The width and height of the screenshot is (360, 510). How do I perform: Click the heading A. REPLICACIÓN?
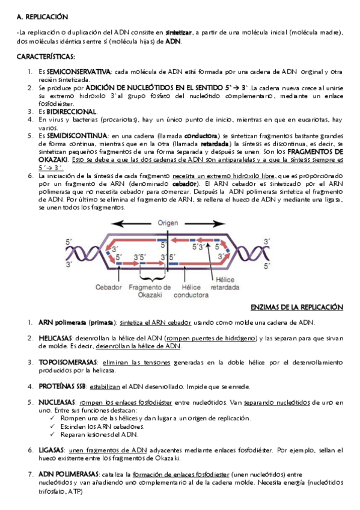(x=43, y=17)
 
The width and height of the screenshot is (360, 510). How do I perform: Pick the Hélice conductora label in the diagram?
(x=191, y=290)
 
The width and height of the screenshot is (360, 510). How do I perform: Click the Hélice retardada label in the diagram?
(x=225, y=283)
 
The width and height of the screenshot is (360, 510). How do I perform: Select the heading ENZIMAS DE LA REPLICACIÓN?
(x=296, y=307)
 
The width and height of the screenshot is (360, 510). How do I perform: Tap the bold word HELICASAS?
(x=56, y=338)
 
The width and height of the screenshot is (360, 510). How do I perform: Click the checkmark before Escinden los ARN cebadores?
(x=53, y=426)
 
